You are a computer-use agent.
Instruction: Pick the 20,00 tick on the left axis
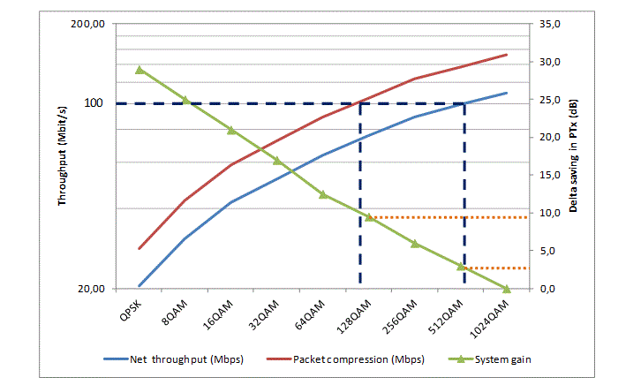pyautogui.click(x=92, y=289)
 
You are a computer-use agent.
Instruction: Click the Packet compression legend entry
pyautogui.click(x=358, y=359)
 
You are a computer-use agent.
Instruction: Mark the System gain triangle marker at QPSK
pyautogui.click(x=140, y=70)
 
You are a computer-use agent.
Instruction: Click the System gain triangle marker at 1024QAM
pyautogui.click(x=507, y=289)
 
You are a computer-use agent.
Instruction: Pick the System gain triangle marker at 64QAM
pyautogui.click(x=323, y=194)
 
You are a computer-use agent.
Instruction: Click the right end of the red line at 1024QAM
pyautogui.click(x=507, y=55)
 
